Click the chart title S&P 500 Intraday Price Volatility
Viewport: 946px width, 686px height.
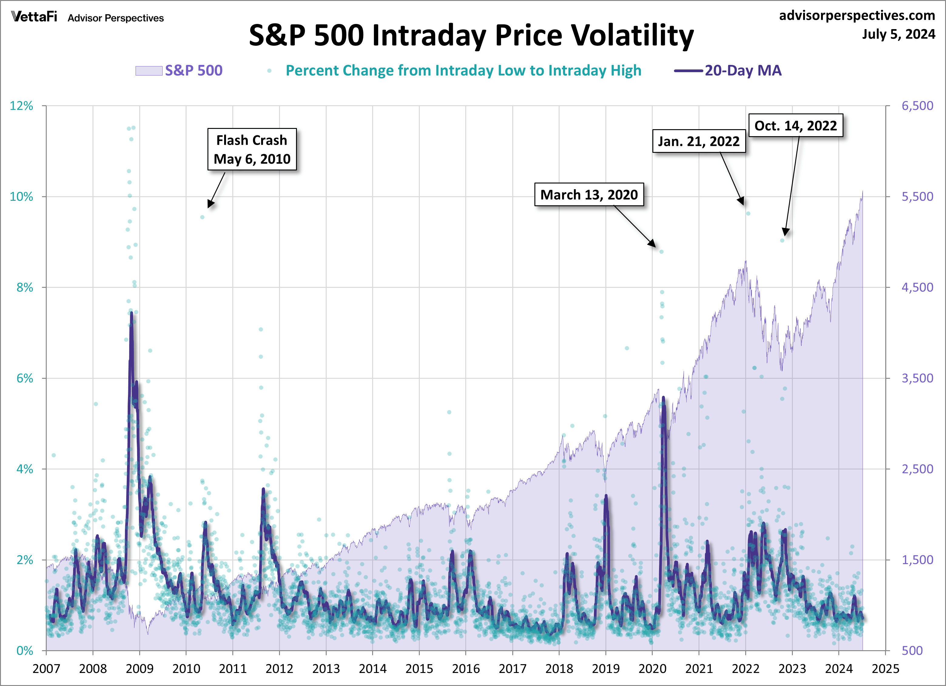pos(471,35)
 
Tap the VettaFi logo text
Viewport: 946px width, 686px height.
pos(34,17)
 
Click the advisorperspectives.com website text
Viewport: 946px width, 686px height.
pos(857,15)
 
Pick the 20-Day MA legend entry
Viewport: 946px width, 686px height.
pos(728,70)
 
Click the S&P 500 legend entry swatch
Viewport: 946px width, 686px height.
pos(149,70)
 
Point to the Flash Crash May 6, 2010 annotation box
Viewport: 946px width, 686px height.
pos(252,149)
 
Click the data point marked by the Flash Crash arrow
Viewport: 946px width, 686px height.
pos(202,217)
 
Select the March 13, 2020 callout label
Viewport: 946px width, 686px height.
pos(589,194)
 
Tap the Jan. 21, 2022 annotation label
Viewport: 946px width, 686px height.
pos(699,141)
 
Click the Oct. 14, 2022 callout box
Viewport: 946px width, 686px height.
pos(796,125)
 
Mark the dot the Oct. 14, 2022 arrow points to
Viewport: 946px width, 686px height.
pos(782,240)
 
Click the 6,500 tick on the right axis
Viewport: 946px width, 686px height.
pos(917,106)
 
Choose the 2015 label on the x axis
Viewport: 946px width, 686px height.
pos(419,668)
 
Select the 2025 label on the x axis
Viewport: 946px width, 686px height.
pos(885,668)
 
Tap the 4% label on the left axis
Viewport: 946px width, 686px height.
pos(25,469)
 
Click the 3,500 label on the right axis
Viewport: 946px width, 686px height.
pos(917,378)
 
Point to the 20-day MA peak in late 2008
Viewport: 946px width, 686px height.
pos(131,313)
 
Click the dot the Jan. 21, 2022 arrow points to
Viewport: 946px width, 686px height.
pos(748,213)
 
